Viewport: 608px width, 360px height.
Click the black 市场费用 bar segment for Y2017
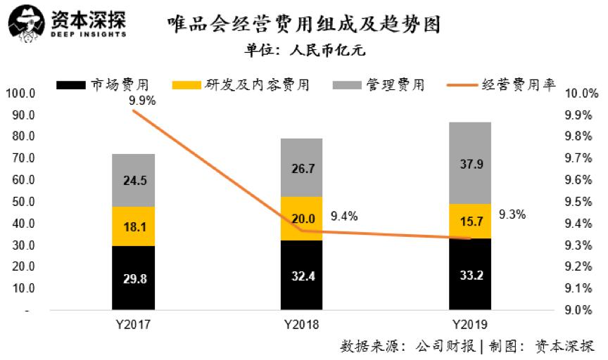click(134, 277)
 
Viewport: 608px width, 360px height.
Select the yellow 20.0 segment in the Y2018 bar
click(301, 218)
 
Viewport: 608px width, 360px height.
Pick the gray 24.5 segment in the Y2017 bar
click(134, 180)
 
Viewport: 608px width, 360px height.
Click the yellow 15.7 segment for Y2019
click(470, 221)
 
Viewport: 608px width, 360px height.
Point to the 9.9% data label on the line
click(142, 101)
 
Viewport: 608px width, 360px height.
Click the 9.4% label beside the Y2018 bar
click(343, 217)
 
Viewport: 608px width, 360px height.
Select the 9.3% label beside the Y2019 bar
click(512, 215)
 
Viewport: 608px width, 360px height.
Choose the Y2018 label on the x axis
click(301, 325)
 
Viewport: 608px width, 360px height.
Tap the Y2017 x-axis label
click(134, 325)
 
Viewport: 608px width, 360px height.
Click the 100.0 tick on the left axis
click(20, 93)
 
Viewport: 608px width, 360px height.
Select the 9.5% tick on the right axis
click(582, 202)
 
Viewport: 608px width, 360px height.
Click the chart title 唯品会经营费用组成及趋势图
click(304, 25)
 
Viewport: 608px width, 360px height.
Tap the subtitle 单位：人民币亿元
click(305, 51)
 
